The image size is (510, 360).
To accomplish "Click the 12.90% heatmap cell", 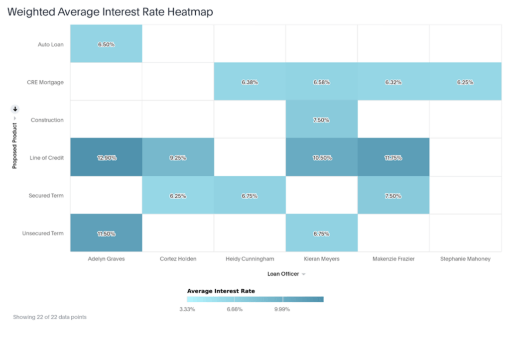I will coord(106,158).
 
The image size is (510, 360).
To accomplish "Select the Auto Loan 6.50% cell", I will coord(106,44).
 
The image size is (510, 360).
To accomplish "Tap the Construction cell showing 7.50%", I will coord(321,120).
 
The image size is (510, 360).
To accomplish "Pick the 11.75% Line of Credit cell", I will coord(393,158).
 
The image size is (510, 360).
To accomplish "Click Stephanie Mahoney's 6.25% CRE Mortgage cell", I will coord(465,82).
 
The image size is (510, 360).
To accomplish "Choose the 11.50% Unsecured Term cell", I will coord(106,234).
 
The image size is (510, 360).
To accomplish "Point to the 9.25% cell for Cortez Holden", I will coord(178,158).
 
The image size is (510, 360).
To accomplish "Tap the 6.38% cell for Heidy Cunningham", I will coord(250,82).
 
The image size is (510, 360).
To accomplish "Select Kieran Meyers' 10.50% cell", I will coord(321,158).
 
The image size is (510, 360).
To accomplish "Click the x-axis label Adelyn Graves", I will coord(106,259).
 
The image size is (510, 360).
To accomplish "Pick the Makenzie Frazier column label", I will coord(393,259).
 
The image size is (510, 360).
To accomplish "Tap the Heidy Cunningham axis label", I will coord(250,259).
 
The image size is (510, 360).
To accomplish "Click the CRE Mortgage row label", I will coord(45,82).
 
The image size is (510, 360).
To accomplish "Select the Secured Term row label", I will coord(46,196).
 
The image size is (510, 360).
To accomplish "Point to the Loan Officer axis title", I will coord(283,274).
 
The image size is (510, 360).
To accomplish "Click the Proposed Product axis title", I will coord(15,145).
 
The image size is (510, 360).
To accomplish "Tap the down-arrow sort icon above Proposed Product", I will coord(15,109).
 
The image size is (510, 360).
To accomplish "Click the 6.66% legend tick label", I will coord(234,309).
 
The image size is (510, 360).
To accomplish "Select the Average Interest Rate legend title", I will coord(221,291).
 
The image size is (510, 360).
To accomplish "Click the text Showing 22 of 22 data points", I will coord(50,317).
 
